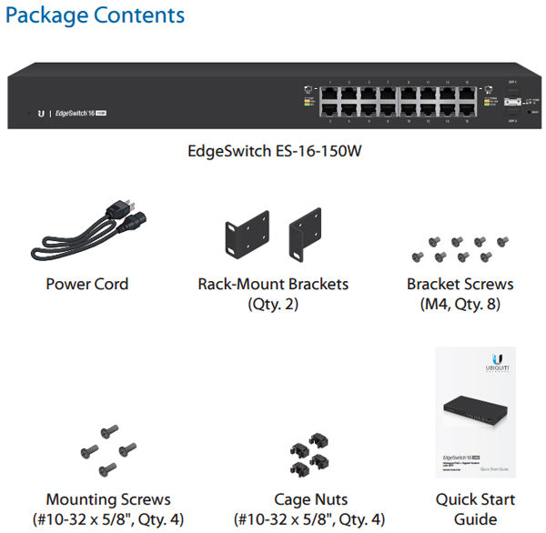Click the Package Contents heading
95,15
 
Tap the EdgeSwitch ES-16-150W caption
273,151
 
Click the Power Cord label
87,284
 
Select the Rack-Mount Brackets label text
273,284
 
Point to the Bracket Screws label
460,284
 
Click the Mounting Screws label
108,499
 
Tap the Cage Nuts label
309,499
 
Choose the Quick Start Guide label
475,508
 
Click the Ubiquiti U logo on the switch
40,114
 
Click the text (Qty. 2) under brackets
273,304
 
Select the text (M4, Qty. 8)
460,304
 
